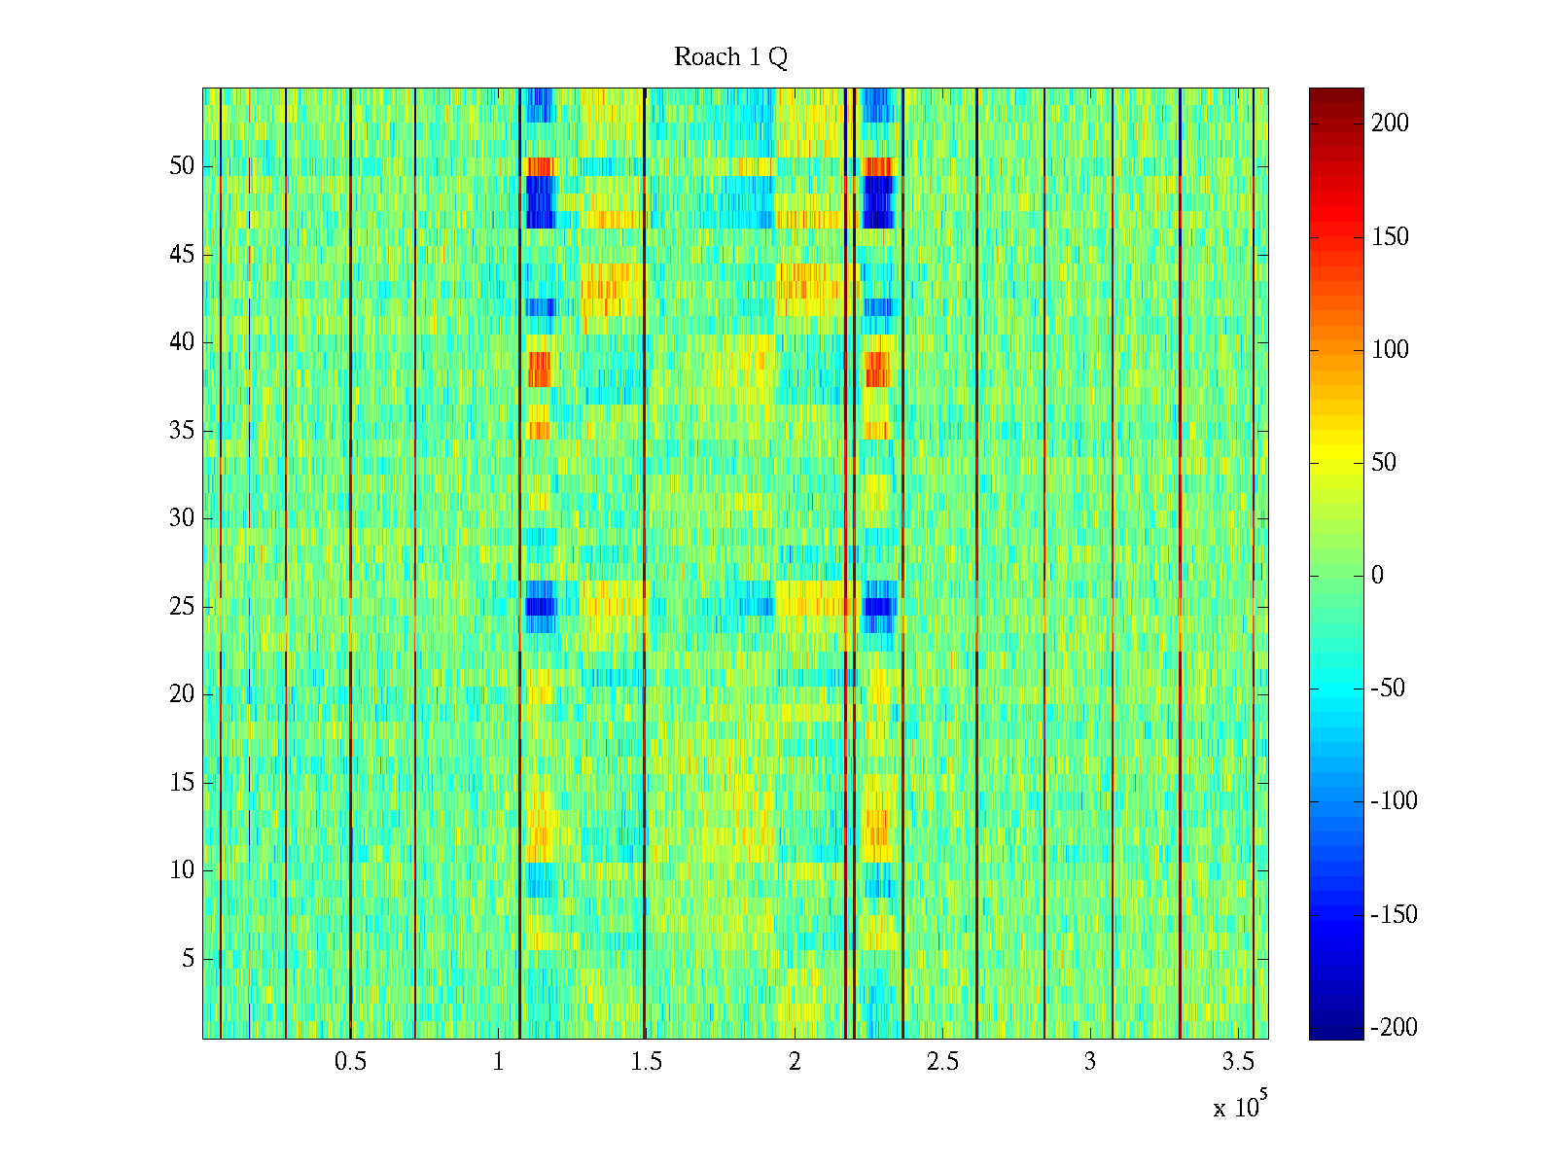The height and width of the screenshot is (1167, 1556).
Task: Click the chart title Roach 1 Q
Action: pos(730,57)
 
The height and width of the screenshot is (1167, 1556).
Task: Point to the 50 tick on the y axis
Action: pos(182,166)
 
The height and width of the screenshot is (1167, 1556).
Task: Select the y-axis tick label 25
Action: pos(182,607)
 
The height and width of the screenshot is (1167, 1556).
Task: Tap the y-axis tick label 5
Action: pos(188,959)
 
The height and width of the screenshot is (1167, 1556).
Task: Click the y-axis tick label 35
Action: pos(182,431)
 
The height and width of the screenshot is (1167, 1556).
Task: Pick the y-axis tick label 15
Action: pos(182,783)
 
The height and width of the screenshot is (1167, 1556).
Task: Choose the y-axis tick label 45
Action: pos(182,255)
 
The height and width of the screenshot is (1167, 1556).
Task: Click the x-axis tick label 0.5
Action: pos(350,1062)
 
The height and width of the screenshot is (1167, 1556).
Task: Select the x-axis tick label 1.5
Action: pos(646,1062)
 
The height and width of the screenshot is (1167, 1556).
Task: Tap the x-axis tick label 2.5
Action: pos(941,1062)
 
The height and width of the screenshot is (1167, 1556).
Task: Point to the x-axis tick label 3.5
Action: pos(1237,1062)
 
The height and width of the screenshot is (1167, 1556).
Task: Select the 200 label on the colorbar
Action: pos(1390,124)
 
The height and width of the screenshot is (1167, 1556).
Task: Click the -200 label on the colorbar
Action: pos(1394,1028)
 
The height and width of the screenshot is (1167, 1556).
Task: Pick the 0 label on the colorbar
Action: pos(1377,576)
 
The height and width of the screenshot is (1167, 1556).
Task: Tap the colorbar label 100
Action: pos(1390,350)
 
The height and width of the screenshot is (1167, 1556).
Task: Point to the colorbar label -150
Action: pos(1394,915)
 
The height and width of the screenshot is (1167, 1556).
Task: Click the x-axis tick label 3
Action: pos(1089,1062)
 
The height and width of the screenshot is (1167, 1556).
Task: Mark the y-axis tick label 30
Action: pos(182,518)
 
